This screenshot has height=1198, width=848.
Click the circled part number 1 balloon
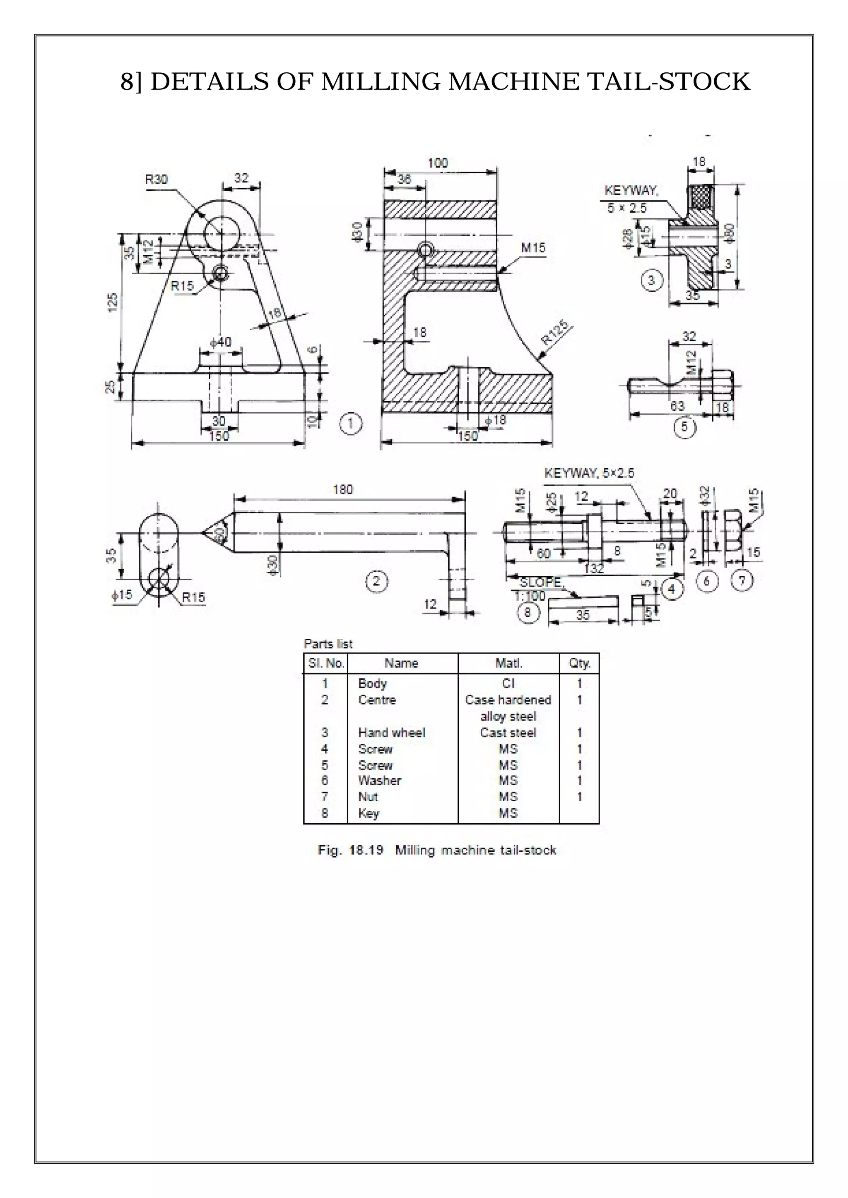click(350, 424)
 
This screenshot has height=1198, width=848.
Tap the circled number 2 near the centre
click(376, 581)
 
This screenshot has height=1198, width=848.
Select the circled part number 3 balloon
click(651, 281)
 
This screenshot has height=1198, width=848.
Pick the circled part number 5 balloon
click(684, 427)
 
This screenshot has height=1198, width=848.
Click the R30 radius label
click(156, 180)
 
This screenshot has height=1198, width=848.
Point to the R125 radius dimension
click(556, 332)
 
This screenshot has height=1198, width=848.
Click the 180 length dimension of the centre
click(343, 489)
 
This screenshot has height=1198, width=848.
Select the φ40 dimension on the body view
click(220, 342)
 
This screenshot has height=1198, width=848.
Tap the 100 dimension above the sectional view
click(438, 163)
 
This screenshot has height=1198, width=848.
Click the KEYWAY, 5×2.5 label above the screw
click(589, 473)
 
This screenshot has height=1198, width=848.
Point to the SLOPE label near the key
click(540, 582)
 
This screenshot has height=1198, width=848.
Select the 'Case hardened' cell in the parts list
click(508, 700)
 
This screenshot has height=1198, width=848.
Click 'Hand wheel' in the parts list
click(391, 733)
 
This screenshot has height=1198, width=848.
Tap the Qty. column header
click(579, 663)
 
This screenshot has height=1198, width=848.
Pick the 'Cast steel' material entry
click(508, 733)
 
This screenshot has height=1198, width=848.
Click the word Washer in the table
click(379, 781)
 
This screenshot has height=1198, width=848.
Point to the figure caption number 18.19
click(366, 850)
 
